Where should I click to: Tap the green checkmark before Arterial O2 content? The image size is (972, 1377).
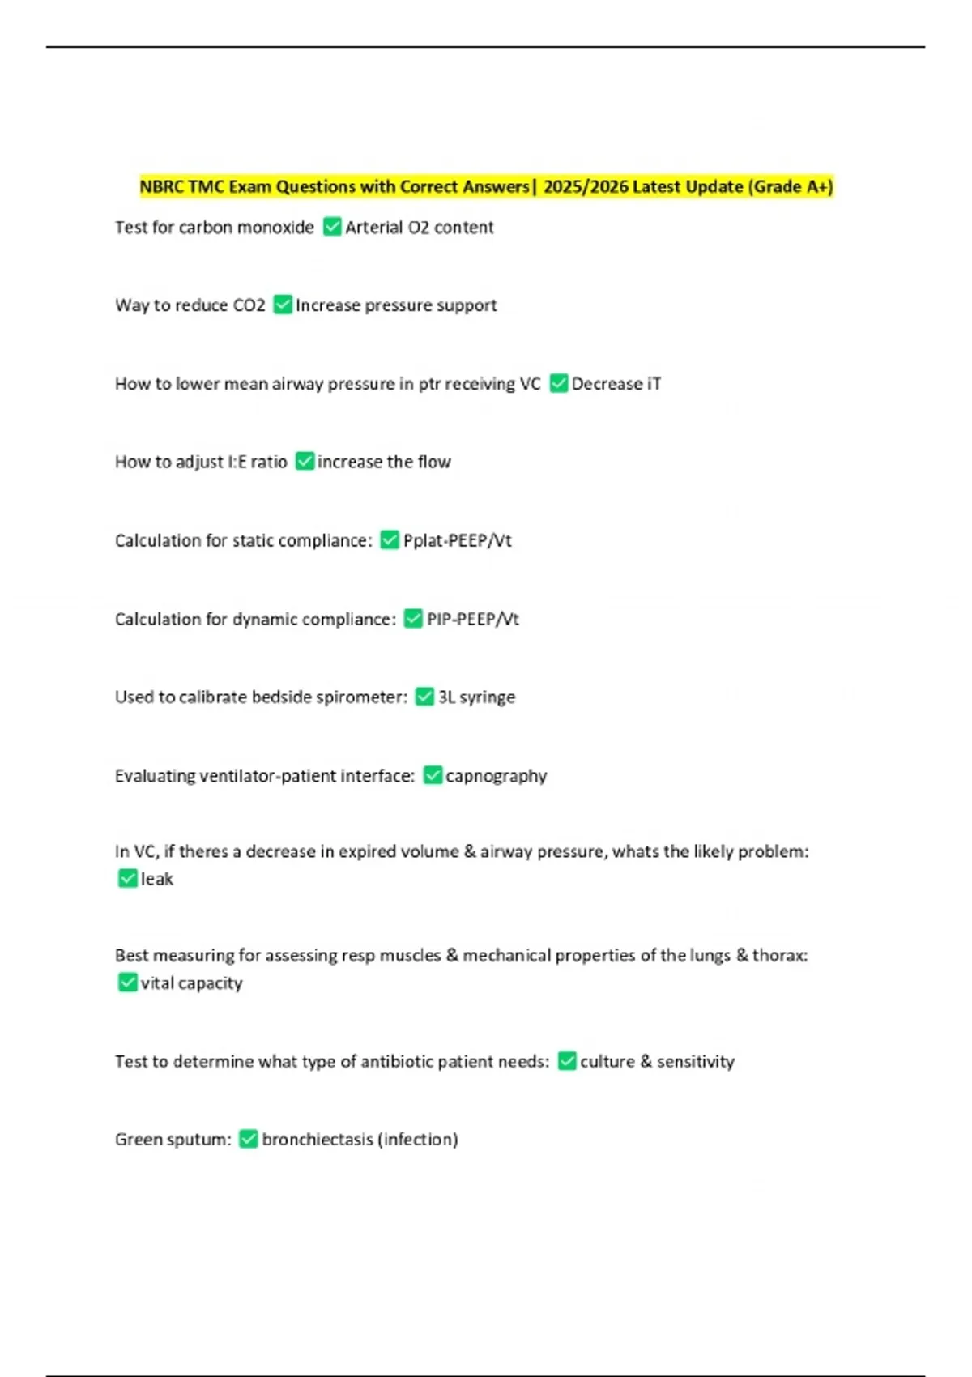[332, 227]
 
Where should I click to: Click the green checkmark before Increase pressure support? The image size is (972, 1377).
[283, 305]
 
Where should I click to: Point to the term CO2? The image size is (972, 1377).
[249, 305]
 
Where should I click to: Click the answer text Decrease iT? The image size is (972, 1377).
[616, 384]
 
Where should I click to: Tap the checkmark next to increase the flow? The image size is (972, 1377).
[305, 462]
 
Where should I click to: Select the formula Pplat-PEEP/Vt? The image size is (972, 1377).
[457, 540]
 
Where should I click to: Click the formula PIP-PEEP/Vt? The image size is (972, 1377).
[472, 620]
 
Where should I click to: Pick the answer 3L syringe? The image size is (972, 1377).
[476, 697]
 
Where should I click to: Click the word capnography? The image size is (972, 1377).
[496, 776]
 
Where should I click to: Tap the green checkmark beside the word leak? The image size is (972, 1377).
[127, 879]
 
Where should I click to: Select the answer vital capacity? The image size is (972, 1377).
[191, 983]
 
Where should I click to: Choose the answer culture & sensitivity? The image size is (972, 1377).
[657, 1062]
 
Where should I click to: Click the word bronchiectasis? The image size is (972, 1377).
[318, 1140]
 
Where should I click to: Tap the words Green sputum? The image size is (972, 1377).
[172, 1140]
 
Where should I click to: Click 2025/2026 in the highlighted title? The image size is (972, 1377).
[586, 187]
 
